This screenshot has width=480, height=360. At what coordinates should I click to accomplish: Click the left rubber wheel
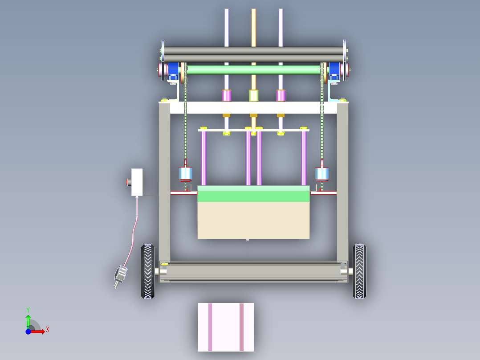[x=148, y=271]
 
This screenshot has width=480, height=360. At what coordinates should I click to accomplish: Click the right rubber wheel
[x=359, y=271]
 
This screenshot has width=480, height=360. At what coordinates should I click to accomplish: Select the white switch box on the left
[x=137, y=182]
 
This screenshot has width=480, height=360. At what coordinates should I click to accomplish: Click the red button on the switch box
[x=127, y=182]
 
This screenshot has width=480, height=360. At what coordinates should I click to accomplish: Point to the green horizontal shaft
[x=253, y=70]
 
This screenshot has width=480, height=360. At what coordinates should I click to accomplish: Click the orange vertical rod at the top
[x=253, y=28]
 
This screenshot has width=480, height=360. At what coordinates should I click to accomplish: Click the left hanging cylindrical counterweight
[x=186, y=174]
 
